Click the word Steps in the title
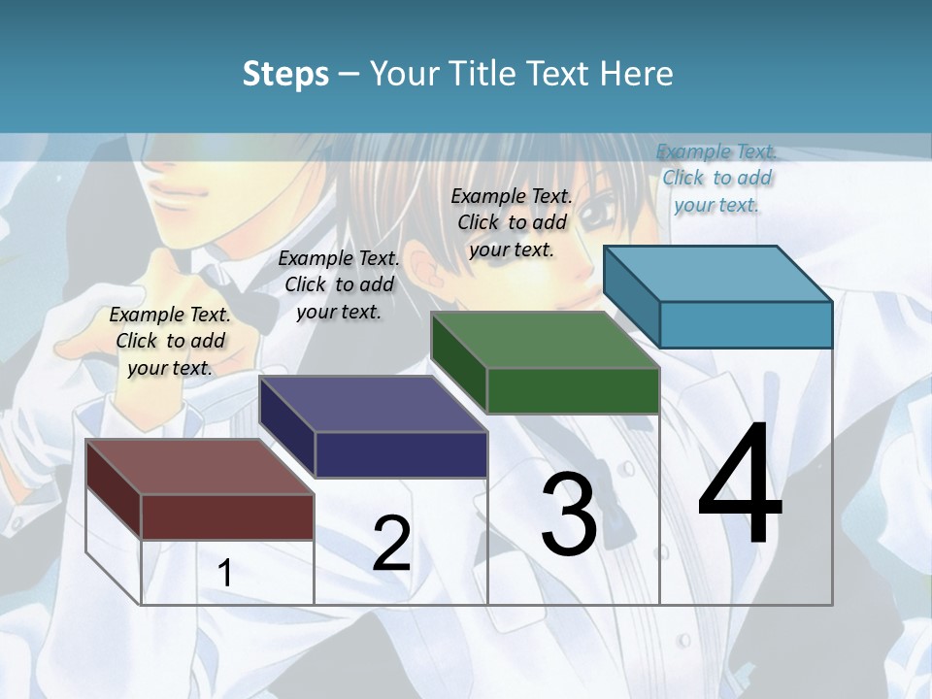click(285, 74)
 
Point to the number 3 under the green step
click(569, 515)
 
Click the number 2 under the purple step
click(391, 544)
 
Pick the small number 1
click(225, 573)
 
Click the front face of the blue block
click(746, 324)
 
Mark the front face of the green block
click(573, 390)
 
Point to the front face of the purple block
click(401, 454)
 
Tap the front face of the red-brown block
click(227, 516)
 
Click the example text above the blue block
click(716, 178)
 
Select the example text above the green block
click(512, 222)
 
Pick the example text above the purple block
click(339, 284)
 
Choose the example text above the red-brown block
click(170, 341)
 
